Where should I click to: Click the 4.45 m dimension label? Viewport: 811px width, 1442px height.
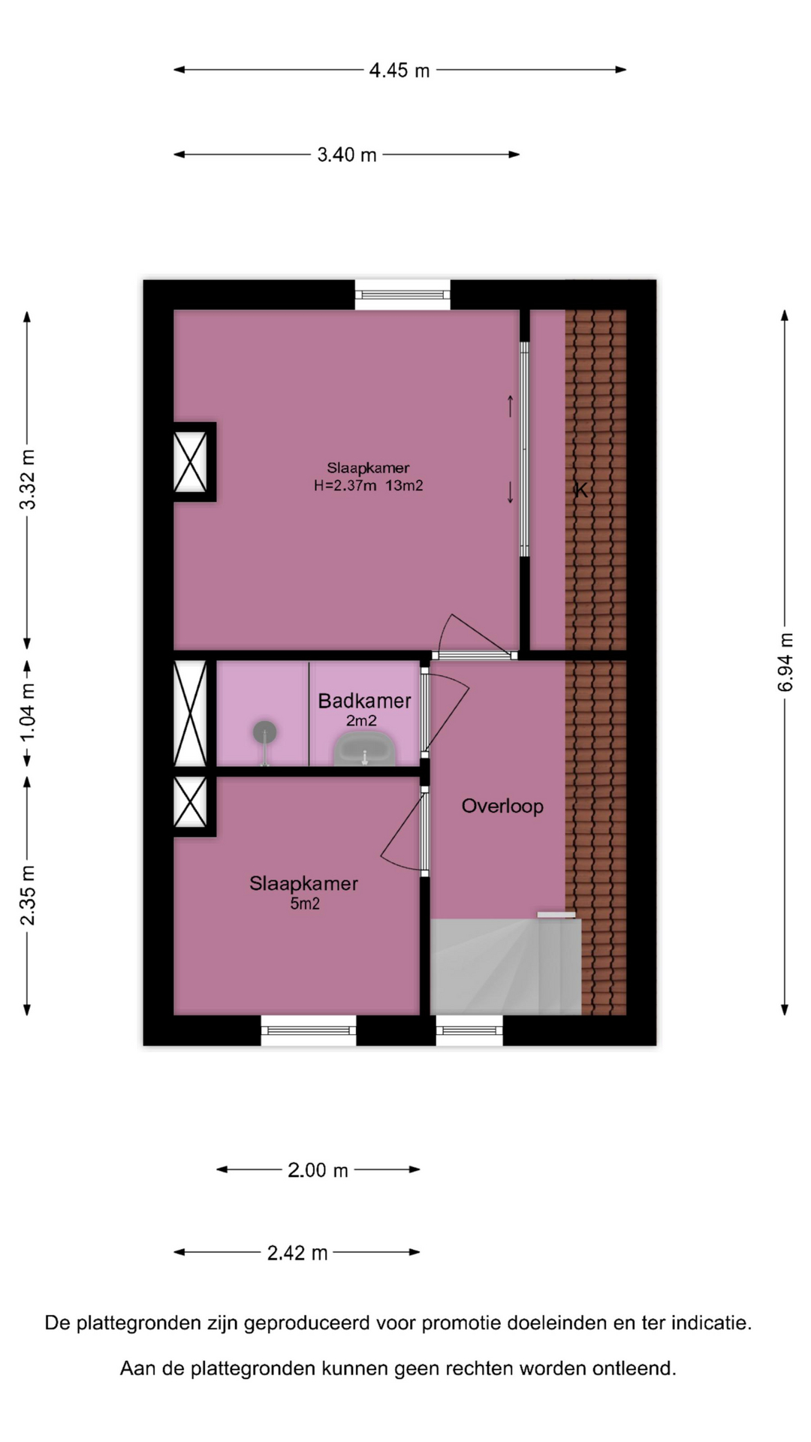399,70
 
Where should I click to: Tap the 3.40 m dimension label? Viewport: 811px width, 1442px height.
347,155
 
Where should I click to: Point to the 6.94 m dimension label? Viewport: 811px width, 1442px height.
785,662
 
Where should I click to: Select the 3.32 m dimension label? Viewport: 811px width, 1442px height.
28,479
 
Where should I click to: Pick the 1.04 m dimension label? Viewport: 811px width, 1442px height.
28,712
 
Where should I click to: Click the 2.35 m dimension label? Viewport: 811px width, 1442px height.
28,895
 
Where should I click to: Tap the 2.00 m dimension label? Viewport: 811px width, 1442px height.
318,1169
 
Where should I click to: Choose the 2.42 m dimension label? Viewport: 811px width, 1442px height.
297,1252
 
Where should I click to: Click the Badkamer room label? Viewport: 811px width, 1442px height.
364,701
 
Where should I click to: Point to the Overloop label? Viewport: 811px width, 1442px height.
502,806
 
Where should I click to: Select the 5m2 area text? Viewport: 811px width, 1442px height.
305,904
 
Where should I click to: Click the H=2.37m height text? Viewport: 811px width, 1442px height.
345,486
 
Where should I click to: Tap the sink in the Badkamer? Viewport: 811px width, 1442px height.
365,750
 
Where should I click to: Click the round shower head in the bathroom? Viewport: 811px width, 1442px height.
264,731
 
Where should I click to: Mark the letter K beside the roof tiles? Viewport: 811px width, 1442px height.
580,490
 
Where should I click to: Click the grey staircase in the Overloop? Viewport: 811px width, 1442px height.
505,966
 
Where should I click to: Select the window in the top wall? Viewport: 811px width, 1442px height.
403,294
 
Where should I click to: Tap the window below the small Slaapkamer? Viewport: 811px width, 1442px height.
309,1030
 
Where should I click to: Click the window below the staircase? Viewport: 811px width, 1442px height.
469,1030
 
